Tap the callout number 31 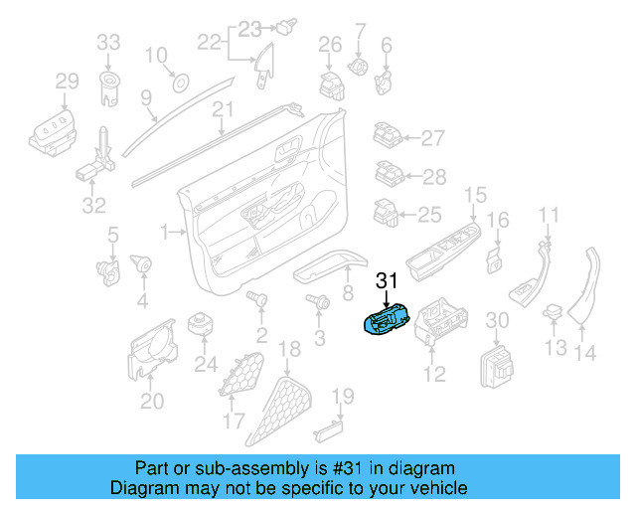[x=386, y=281]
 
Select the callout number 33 [x=108, y=42]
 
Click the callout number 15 [x=476, y=194]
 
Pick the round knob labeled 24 [x=205, y=324]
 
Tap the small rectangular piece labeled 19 [x=327, y=430]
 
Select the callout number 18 [x=289, y=349]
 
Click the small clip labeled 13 [x=552, y=316]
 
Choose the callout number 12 [x=435, y=374]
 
